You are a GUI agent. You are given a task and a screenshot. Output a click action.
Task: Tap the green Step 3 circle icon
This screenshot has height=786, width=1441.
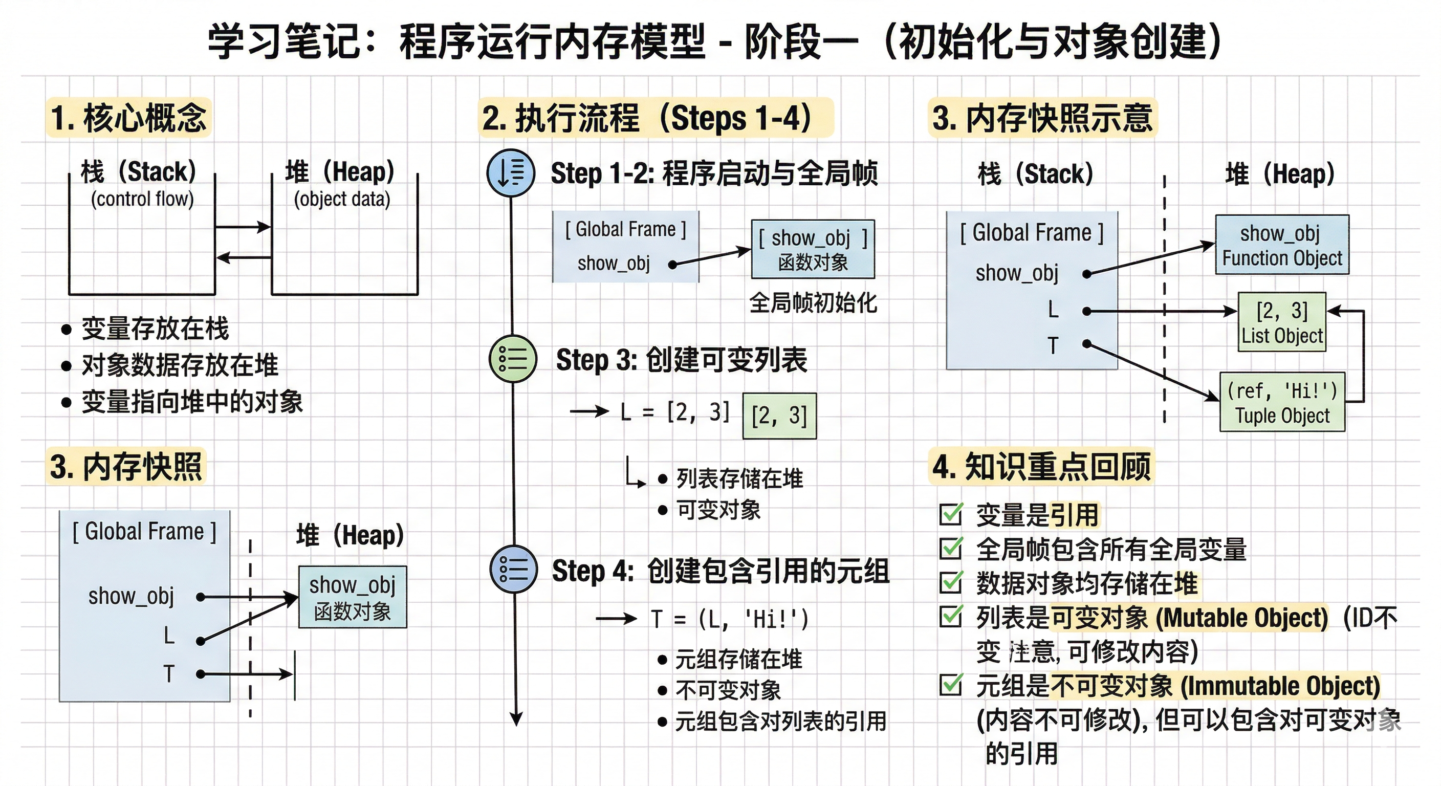coord(512,359)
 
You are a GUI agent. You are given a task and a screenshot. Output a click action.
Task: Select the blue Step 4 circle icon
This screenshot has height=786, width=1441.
coord(513,569)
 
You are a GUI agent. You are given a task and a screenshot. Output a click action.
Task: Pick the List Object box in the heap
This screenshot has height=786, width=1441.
coord(1281,322)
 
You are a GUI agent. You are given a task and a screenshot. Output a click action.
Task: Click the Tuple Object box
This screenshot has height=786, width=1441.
coord(1281,402)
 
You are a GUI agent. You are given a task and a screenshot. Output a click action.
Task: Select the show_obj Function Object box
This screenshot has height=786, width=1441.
coord(1281,245)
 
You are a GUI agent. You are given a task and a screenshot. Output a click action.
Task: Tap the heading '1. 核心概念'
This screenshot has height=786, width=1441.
coord(128,118)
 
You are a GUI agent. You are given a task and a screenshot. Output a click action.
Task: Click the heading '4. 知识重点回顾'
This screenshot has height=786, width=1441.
coord(1041,467)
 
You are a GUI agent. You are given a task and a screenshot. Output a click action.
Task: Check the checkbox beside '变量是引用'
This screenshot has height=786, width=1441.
coord(951,514)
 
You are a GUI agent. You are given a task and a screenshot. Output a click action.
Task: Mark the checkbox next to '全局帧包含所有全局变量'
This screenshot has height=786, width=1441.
coord(951,549)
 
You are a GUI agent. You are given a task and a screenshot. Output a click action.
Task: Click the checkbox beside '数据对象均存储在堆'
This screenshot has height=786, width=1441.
coord(951,583)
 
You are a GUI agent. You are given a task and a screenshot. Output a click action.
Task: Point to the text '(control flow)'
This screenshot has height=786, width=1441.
coord(142,199)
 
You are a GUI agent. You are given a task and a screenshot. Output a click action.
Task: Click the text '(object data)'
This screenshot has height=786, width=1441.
coord(342,199)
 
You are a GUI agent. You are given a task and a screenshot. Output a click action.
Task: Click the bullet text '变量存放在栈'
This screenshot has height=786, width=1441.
coord(155,329)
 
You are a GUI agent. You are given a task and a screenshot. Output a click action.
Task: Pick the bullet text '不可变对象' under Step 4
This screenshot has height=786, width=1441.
coord(728,690)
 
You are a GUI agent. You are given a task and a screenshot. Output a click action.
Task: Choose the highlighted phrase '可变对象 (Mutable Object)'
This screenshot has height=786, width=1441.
coord(1189,618)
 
